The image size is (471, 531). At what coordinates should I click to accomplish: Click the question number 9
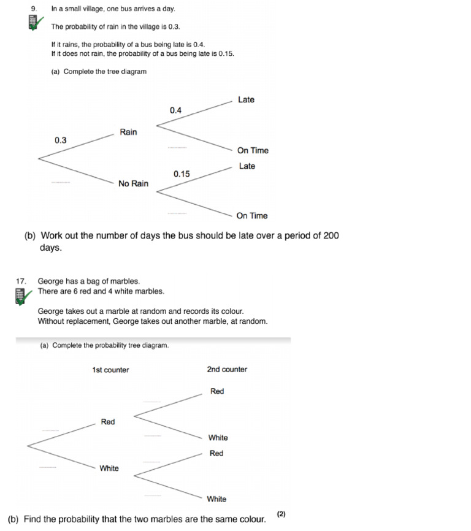point(34,9)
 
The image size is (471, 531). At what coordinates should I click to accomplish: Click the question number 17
point(22,281)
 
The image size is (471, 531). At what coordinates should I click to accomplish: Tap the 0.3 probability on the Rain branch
point(60,140)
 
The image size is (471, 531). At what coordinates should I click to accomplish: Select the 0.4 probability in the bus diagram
point(175,110)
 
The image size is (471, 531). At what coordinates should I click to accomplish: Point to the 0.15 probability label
point(182,174)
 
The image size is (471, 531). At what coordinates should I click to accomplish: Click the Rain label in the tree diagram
point(128,132)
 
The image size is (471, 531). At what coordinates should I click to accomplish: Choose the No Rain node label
point(133,183)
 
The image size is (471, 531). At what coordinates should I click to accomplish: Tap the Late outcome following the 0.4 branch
point(246,100)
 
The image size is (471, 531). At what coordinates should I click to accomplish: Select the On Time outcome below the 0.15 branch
point(252,216)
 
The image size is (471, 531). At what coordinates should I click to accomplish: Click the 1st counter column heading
point(110,370)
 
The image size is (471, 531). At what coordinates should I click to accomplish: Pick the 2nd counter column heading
point(227,369)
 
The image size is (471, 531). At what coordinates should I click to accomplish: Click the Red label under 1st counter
point(108,422)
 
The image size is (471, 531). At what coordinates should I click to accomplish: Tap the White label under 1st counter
point(109,468)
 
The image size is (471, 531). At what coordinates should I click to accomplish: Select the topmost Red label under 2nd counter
point(217,391)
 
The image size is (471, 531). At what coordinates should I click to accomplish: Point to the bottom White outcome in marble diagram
point(216,499)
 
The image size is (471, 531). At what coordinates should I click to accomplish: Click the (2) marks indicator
point(281,514)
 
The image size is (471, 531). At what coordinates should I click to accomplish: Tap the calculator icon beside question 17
point(20,297)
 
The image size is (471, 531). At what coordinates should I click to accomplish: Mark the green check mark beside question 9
point(38,23)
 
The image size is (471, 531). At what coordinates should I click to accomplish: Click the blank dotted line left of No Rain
point(61,182)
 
